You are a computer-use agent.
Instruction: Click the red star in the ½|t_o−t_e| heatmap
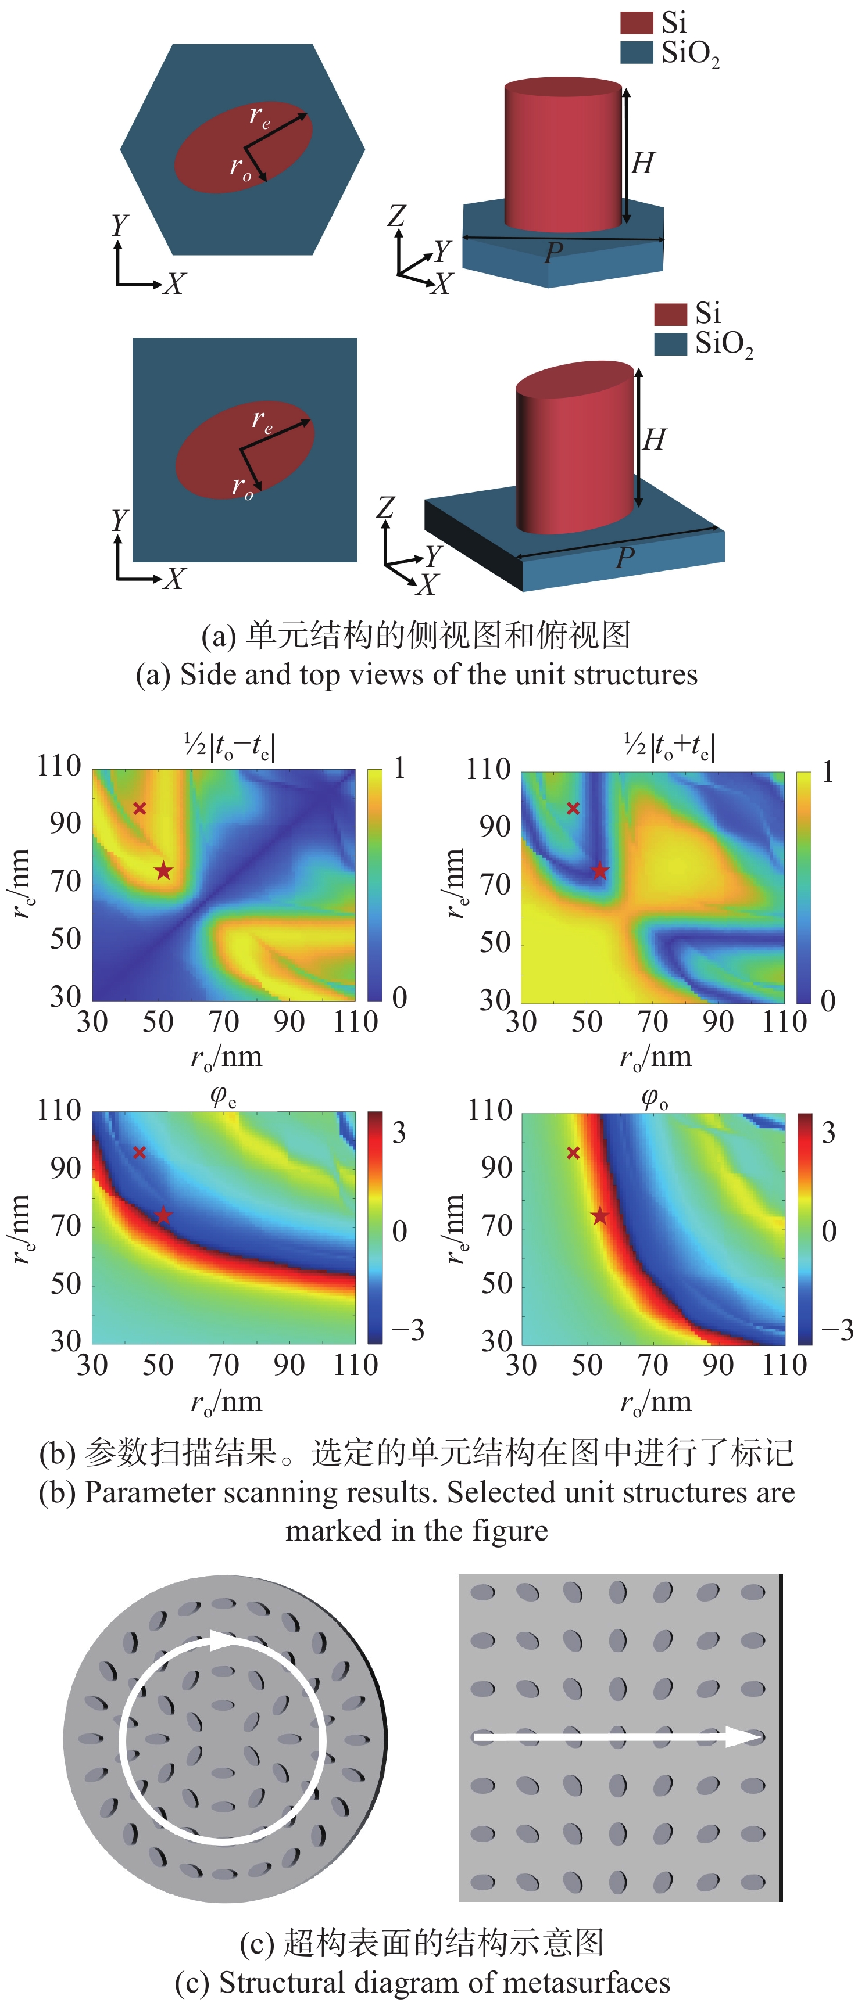coord(163,870)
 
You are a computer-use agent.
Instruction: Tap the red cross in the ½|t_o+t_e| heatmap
coord(573,809)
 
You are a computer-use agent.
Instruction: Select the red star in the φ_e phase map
coord(163,1215)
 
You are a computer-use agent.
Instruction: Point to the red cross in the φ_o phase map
coord(573,1153)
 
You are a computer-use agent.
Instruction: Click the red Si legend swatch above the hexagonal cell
coord(635,23)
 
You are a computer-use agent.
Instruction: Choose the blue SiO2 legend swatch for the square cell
coord(670,344)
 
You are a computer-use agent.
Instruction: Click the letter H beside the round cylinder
coord(642,163)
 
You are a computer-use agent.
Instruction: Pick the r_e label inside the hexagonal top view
coord(260,117)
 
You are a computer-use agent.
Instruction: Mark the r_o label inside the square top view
coord(243,487)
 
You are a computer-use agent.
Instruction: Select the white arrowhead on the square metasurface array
coord(743,1737)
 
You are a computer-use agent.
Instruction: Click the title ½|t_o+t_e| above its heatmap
coord(669,746)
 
